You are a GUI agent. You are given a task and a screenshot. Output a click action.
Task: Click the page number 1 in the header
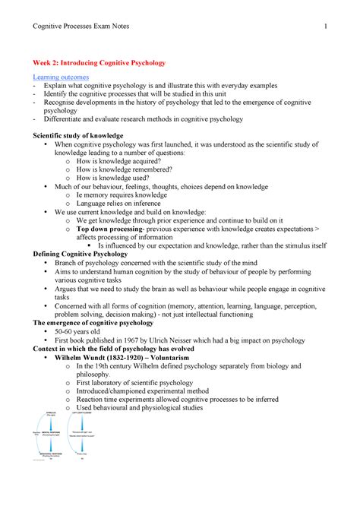point(325,27)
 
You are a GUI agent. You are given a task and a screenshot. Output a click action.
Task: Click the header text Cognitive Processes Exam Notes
point(81,27)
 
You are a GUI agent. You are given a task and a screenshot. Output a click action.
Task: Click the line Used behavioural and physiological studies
point(145,408)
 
